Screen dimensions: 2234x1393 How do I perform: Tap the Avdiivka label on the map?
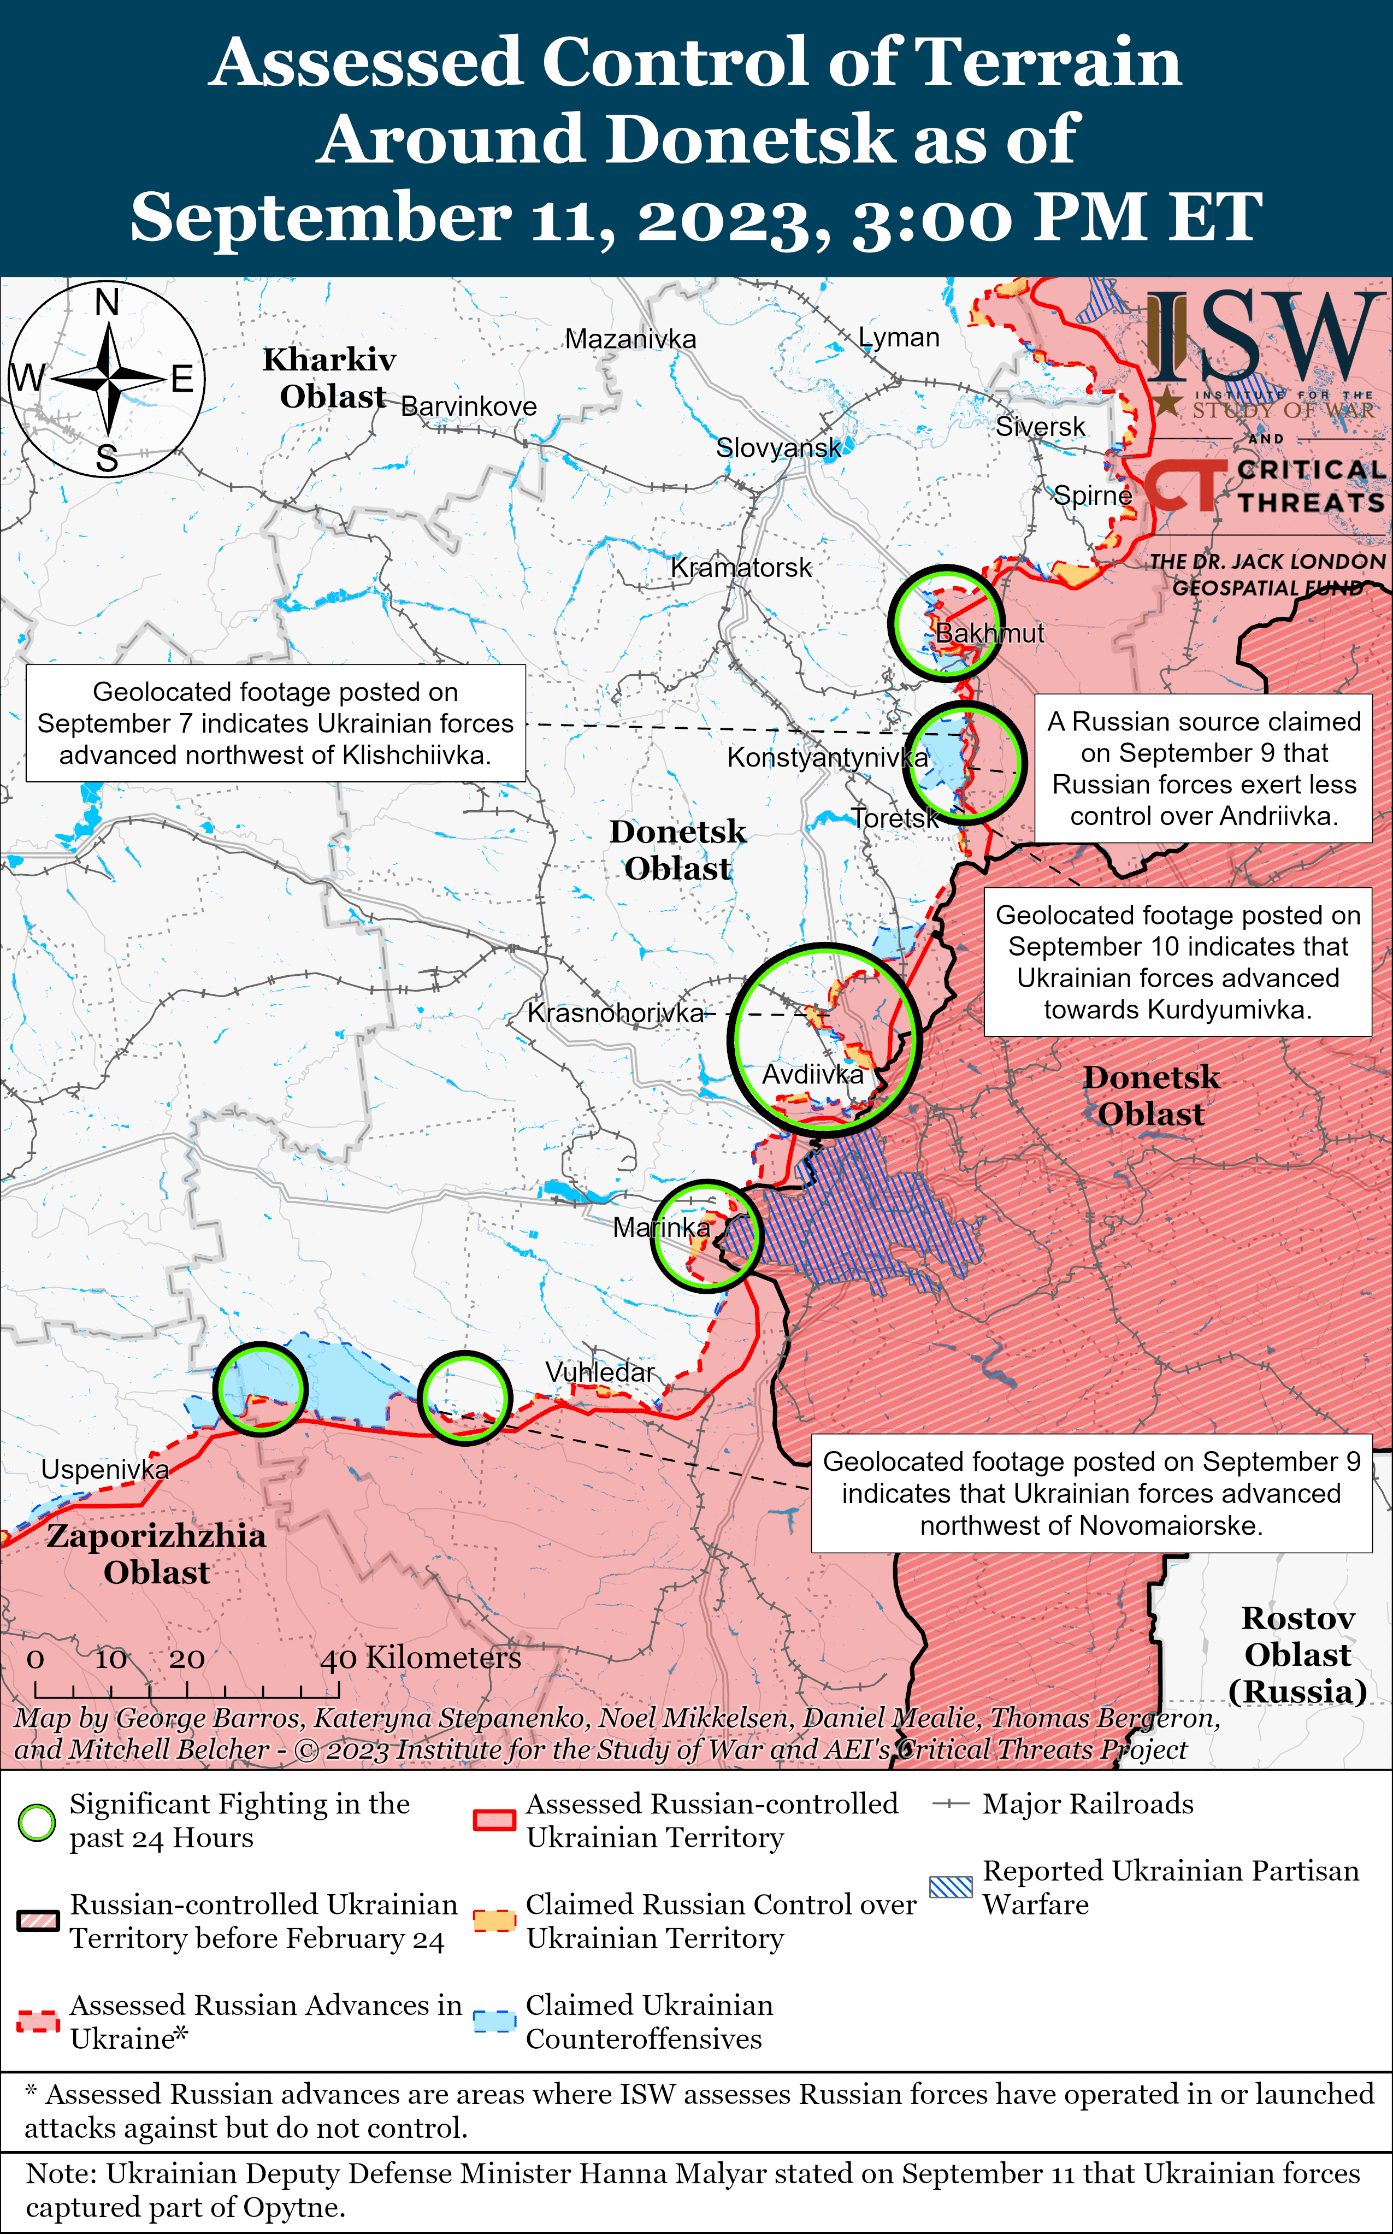pos(813,1074)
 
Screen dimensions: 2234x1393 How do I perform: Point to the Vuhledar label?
pos(600,1372)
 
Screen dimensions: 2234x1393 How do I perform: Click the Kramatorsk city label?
pos(741,568)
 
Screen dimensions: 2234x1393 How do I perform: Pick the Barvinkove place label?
pos(468,406)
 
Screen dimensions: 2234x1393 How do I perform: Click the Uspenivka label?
pos(105,1469)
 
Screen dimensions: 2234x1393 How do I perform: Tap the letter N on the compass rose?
pos(108,301)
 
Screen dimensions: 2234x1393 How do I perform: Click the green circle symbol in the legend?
pos(37,1822)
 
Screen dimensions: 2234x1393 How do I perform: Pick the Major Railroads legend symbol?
pos(951,1805)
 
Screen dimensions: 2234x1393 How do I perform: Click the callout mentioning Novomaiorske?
pos(1091,1493)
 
